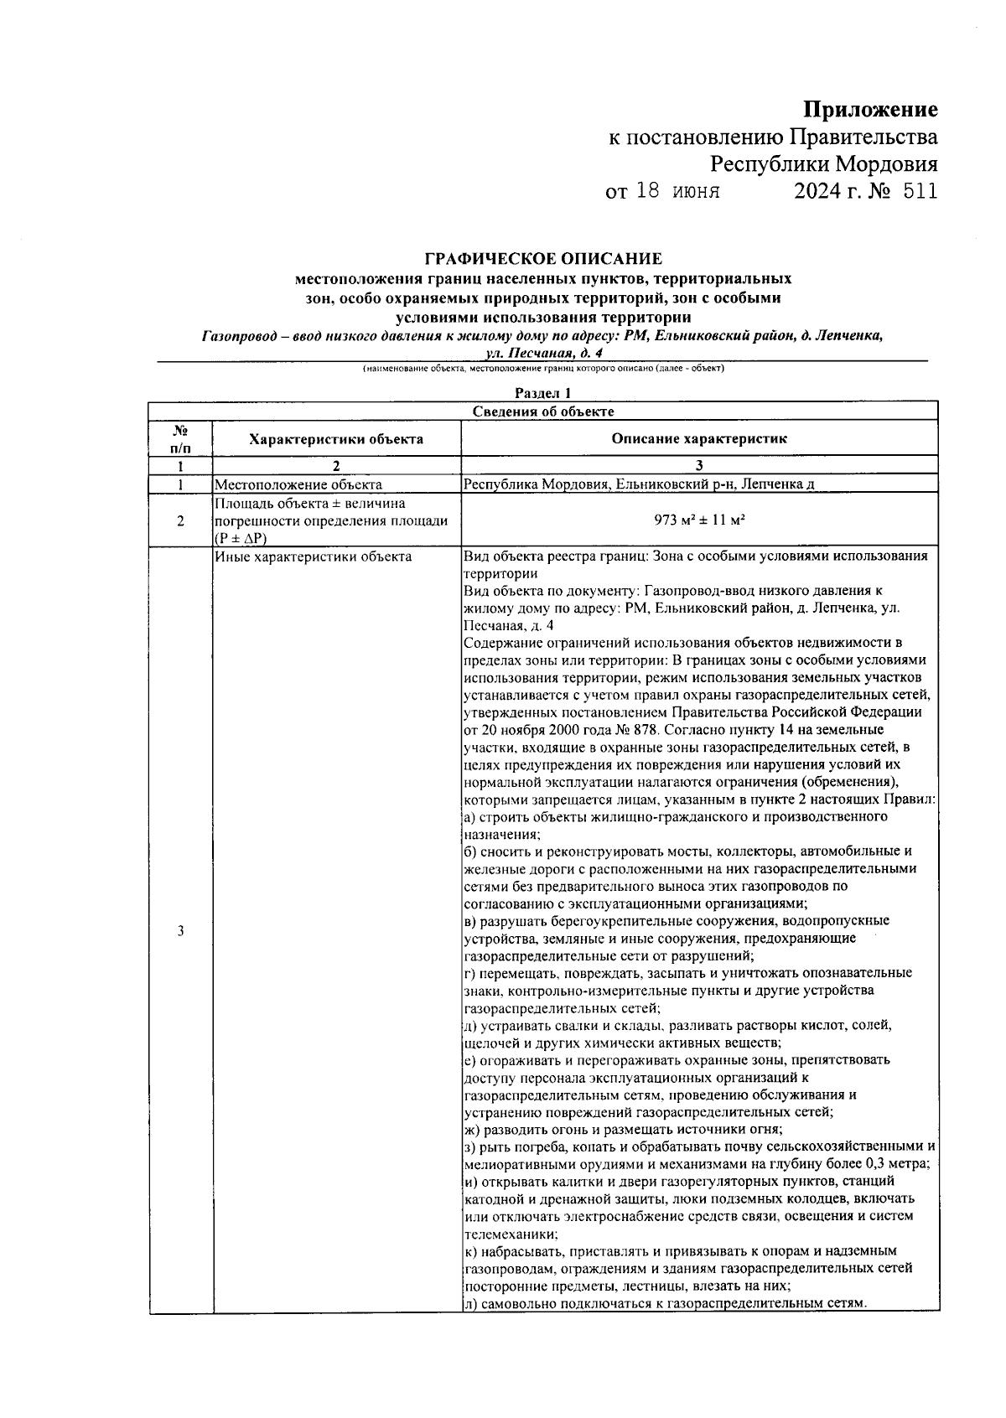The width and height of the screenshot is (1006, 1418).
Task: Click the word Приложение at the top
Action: [x=870, y=110]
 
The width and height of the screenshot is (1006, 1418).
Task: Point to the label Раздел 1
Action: [x=542, y=392]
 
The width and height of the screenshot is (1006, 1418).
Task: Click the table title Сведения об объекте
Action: [x=542, y=411]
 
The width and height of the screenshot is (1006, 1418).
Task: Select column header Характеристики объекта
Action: [x=336, y=438]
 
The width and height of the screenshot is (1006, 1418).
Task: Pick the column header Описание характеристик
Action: [x=698, y=438]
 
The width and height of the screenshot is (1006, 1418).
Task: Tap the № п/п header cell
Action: [x=180, y=438]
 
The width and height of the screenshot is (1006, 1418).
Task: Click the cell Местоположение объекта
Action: [x=298, y=484]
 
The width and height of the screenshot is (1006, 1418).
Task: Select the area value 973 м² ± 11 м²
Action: [x=699, y=520]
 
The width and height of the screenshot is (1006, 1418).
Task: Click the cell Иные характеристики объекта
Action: [x=314, y=556]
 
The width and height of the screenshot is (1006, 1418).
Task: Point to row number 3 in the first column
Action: [x=180, y=931]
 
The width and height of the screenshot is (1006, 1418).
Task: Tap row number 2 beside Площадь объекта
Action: [x=180, y=520]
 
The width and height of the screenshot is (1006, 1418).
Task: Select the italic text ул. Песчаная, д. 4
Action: [x=544, y=353]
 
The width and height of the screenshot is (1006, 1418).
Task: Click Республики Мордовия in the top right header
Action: [x=824, y=163]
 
